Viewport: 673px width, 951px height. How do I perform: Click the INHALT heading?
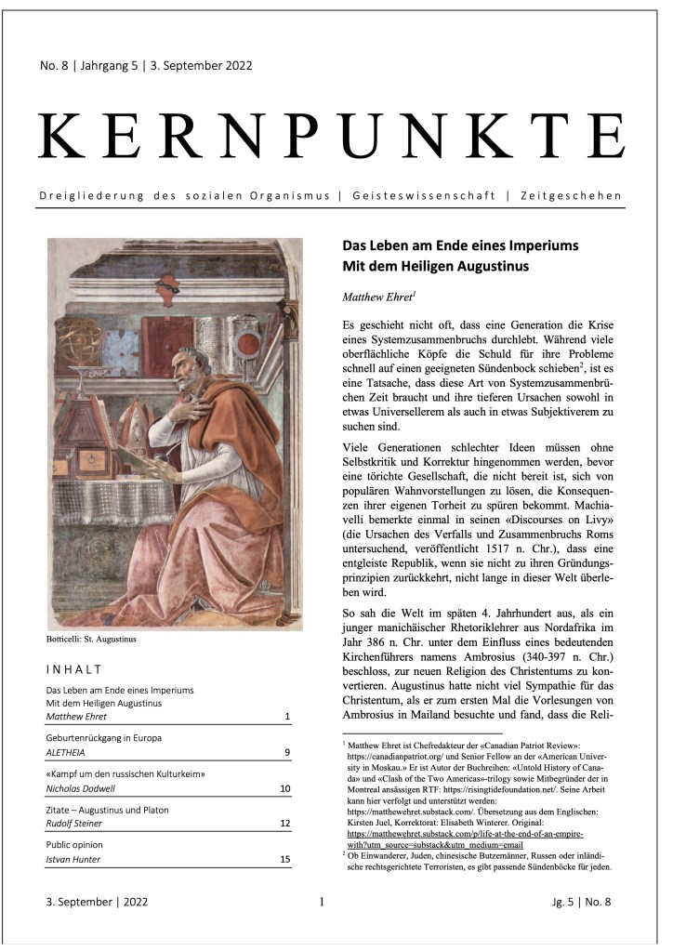click(x=73, y=669)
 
